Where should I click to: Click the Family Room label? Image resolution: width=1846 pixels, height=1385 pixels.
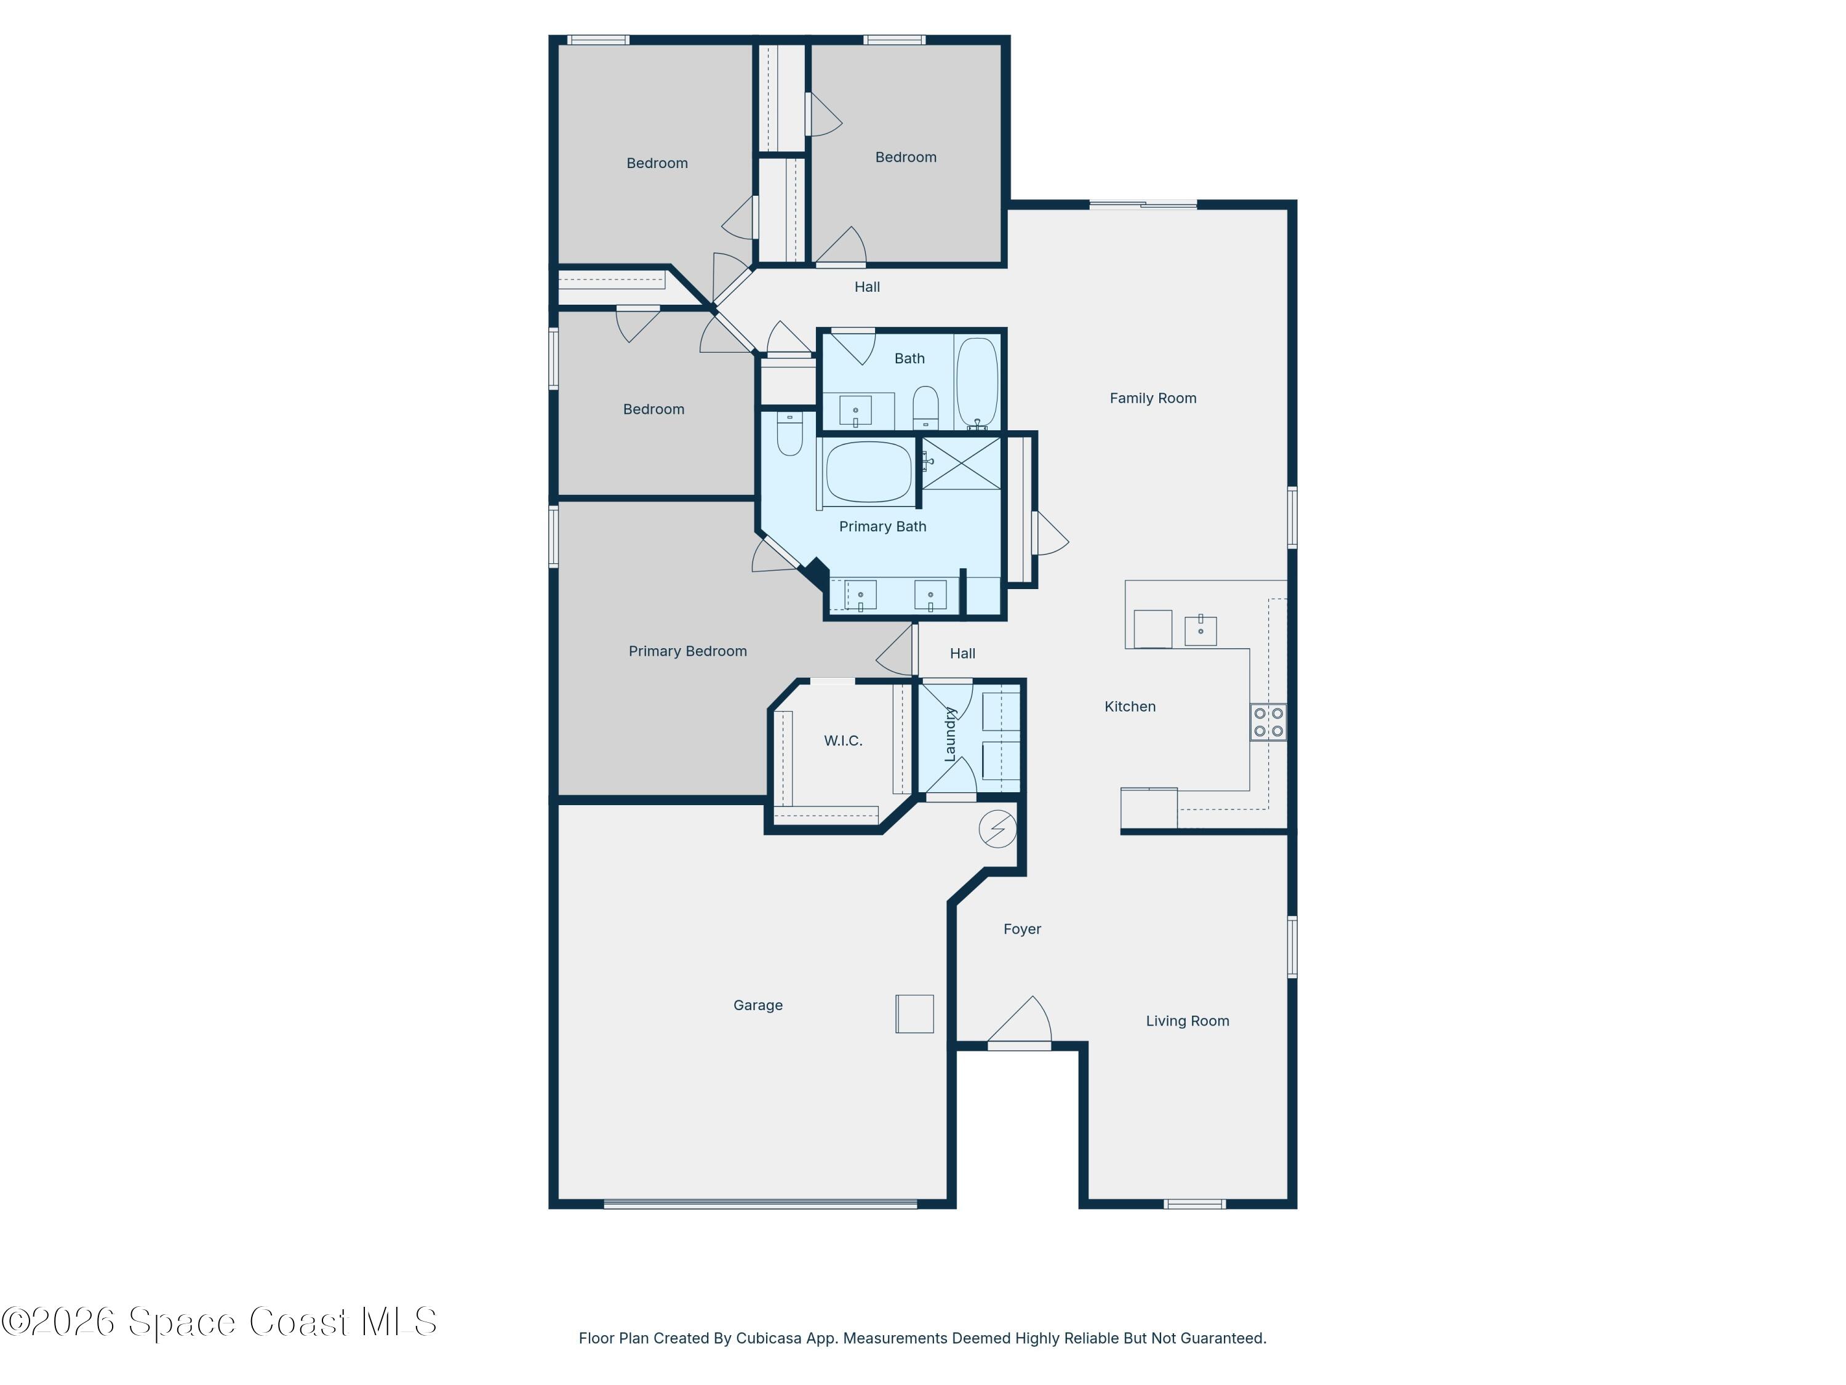pos(1153,398)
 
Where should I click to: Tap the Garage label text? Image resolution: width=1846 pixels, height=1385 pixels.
pos(757,1005)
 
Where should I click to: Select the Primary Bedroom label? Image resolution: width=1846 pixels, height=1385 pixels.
pos(688,651)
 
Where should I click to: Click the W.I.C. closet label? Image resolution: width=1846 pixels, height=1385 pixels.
pos(843,741)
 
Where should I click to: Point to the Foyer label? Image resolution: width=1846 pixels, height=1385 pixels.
pos(1022,929)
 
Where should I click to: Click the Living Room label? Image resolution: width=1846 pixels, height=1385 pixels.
pos(1188,1021)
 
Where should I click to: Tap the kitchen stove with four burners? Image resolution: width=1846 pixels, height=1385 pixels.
pos(1268,722)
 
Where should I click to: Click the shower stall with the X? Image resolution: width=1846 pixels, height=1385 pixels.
pos(961,464)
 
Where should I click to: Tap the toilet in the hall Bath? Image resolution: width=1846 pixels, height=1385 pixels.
pos(925,407)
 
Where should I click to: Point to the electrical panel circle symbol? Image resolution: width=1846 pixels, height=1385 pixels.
pos(997,829)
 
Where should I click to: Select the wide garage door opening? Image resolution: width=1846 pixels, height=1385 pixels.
pos(761,1204)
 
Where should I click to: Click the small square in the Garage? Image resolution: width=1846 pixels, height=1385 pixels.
pos(914,1013)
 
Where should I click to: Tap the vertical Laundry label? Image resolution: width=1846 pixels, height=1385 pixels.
pos(949,734)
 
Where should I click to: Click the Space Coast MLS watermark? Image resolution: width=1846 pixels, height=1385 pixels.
pos(218,1322)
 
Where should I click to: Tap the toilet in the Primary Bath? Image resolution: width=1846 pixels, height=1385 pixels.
pos(789,433)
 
